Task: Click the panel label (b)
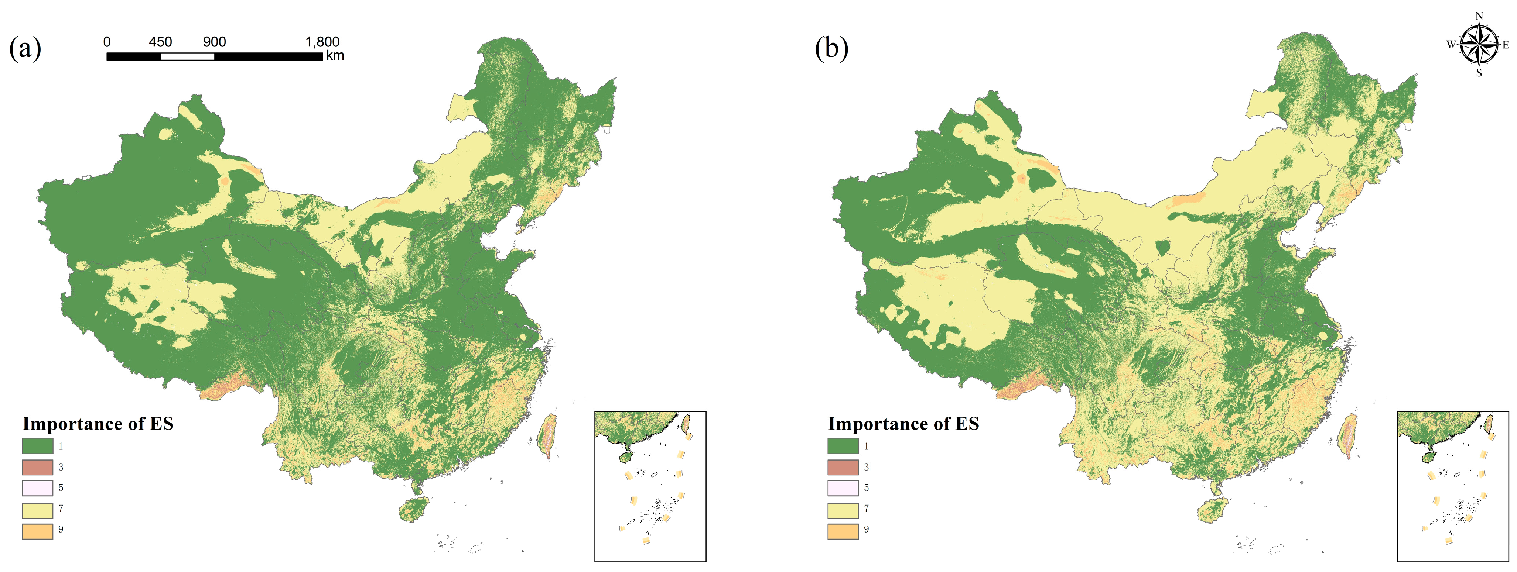tap(831, 48)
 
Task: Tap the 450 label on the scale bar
tap(160, 42)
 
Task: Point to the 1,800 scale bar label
tap(322, 42)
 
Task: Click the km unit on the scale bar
tap(335, 56)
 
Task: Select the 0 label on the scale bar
tap(107, 42)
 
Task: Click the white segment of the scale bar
tap(187, 56)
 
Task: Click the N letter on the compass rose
tap(1479, 16)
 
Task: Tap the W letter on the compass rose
tap(1451, 45)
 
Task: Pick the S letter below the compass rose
tap(1479, 73)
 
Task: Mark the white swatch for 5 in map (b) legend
tap(843, 488)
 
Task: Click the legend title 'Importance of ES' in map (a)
tap(98, 424)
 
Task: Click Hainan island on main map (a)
tap(414, 510)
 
